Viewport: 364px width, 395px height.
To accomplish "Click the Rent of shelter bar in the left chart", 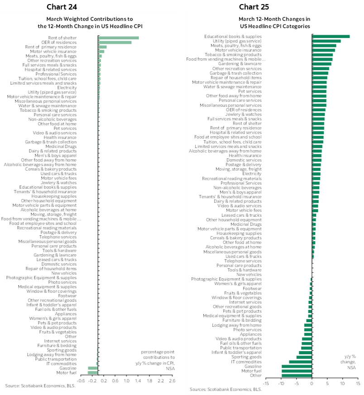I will [x=118, y=38].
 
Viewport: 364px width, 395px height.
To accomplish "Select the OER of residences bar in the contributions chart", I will [x=115, y=43].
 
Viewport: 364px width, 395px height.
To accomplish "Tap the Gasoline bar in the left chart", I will [x=93, y=368].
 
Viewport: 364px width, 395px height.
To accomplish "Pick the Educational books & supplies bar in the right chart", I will [x=330, y=37].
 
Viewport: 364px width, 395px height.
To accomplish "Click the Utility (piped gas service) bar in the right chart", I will [x=326, y=41].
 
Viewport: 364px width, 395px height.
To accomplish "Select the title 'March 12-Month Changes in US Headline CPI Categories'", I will [x=274, y=23].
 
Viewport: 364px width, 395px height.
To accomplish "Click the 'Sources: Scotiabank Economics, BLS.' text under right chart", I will [x=225, y=389].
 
